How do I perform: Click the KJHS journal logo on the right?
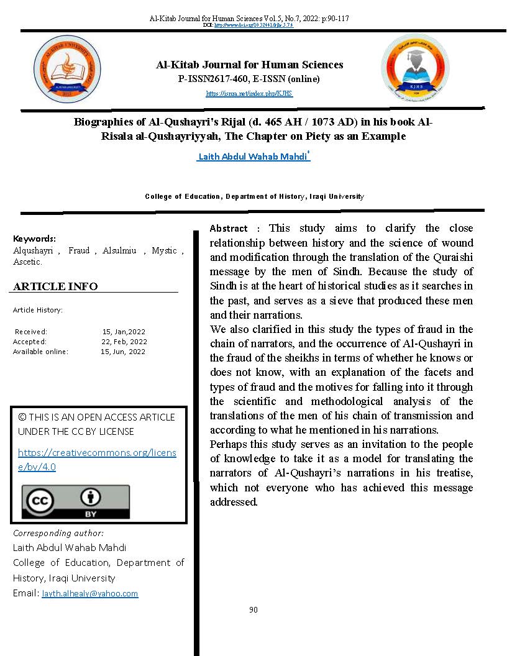414,68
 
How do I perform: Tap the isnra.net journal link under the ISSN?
249,94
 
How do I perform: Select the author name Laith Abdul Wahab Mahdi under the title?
253,157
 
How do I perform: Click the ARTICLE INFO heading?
55,286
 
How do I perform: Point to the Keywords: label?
34,239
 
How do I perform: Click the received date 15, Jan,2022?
124,332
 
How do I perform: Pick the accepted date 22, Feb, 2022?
124,342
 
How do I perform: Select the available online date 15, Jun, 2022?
123,352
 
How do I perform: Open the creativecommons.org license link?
97,460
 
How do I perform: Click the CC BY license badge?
76,501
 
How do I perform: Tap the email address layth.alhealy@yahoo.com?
90,594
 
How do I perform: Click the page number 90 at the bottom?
253,610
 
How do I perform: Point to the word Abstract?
229,229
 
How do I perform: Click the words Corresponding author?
58,533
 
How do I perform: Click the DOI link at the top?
253,25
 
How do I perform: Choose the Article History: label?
38,310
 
